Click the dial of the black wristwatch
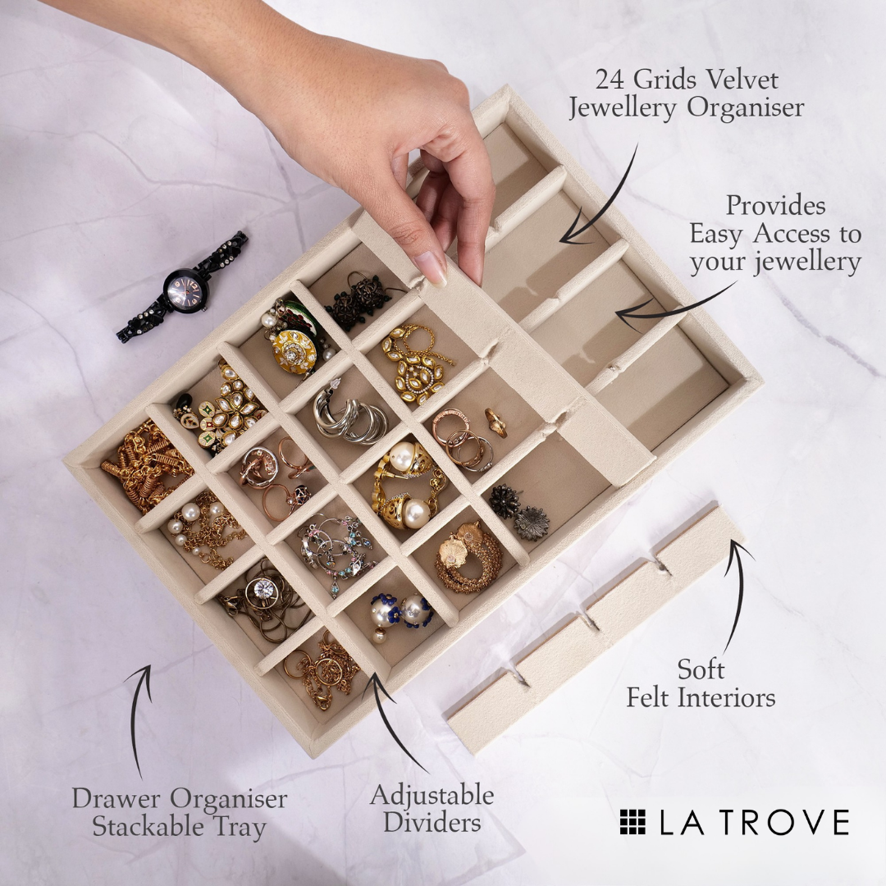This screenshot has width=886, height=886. pos(186,290)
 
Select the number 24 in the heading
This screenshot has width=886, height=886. pos(610,80)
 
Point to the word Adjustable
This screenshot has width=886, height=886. pos(432,796)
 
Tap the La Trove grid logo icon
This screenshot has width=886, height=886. pos(633,821)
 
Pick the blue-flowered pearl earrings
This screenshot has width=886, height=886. pos(401,612)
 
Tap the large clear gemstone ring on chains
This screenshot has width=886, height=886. pos(263,589)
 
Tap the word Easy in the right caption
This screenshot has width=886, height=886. pos(719,234)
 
